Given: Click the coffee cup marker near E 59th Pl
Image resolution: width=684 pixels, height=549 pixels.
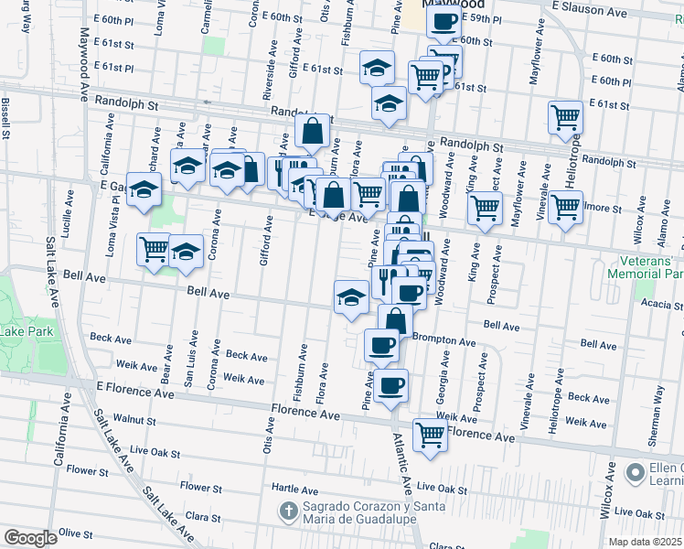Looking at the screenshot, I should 444,21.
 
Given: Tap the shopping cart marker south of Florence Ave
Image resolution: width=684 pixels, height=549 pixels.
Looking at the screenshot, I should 430,435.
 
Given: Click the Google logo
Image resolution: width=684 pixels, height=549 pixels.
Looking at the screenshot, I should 30,537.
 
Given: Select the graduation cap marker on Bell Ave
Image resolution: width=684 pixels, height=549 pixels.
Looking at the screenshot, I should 350,296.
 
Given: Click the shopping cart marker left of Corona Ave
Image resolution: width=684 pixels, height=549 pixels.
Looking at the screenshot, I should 154,248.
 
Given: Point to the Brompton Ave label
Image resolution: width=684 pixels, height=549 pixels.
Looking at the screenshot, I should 444,340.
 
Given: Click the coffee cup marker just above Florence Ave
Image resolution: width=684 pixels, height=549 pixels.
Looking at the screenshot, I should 390,385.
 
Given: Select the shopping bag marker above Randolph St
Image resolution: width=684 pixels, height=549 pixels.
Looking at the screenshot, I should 312,131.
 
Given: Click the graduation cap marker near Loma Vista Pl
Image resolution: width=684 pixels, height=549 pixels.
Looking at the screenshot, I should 144,189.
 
